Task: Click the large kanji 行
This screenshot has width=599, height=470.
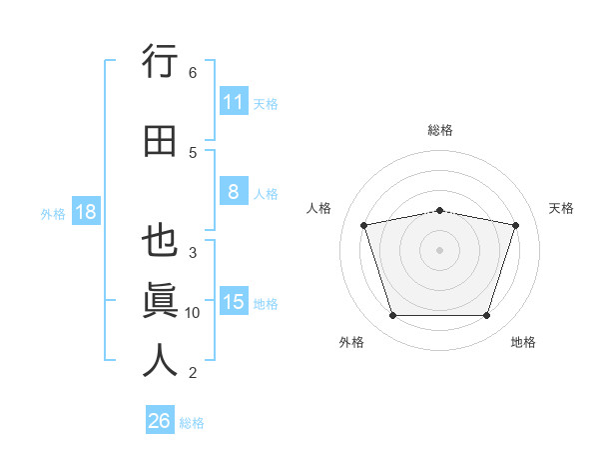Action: coord(160,61)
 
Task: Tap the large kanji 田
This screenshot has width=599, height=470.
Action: coord(160,141)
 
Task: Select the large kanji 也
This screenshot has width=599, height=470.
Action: coord(160,240)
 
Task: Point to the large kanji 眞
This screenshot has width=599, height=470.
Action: coord(160,300)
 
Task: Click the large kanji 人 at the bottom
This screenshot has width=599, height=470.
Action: coord(160,360)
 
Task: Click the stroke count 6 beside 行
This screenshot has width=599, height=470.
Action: coord(193,73)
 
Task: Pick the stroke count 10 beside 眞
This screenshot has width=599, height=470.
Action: coord(192,313)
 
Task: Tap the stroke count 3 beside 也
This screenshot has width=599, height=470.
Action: coord(193,253)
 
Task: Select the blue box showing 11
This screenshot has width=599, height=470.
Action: coord(234,101)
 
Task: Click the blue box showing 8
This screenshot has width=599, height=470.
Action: coord(234,191)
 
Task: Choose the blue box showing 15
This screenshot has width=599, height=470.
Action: coord(234,300)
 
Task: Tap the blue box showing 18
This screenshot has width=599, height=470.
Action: coord(86,211)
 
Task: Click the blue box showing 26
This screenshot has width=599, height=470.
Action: coord(160,419)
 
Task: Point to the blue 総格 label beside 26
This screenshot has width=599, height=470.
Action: coord(192,423)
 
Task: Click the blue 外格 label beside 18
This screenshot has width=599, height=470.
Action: coord(53,214)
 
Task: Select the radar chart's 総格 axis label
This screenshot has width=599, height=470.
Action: coord(440,130)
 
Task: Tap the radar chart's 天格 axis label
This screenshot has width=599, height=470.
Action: coord(561,208)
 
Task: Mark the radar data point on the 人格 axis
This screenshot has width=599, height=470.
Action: coord(363,225)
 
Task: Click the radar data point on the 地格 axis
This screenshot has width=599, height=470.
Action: coord(487,316)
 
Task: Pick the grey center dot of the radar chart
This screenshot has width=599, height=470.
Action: coord(439,250)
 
